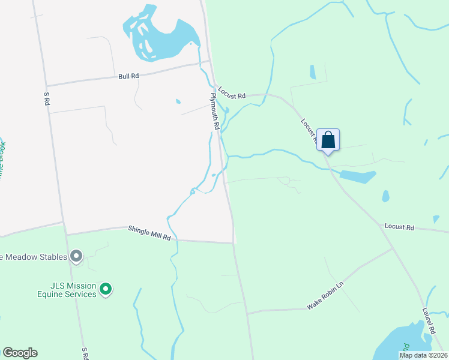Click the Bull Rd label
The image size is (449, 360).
click(x=128, y=76)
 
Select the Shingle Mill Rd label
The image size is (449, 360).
click(x=149, y=233)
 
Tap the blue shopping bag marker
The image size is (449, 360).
click(x=328, y=140)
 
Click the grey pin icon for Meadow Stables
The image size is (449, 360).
click(x=76, y=257)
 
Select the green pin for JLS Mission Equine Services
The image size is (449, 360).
click(x=106, y=290)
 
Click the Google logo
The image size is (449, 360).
click(x=20, y=353)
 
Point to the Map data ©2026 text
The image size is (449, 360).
click(x=423, y=355)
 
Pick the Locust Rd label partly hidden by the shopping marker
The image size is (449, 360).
click(x=309, y=130)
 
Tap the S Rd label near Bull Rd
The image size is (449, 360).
click(x=46, y=99)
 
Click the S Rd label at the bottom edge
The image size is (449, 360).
click(x=86, y=353)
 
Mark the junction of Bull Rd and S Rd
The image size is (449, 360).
click(x=46, y=86)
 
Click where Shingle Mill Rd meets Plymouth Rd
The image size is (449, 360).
click(x=233, y=242)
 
